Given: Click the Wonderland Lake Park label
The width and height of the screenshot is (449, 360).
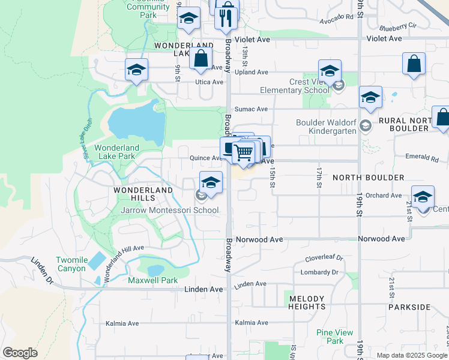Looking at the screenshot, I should pos(116,152).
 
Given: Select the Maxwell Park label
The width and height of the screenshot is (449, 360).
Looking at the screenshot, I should pos(152,280).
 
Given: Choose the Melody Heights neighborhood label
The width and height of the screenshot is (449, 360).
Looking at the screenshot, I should pos(307,302).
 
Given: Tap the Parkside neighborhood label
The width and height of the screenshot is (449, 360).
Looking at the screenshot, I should pos(409,307).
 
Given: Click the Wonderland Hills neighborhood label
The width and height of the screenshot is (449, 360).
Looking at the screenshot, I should pos(143,190).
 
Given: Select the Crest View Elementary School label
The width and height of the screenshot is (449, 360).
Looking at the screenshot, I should pos(295,86).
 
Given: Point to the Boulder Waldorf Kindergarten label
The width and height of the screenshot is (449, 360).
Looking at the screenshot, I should pos(333,127).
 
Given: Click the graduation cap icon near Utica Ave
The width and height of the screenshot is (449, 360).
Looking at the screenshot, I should pos(137,70).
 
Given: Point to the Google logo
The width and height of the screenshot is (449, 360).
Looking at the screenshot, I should pos(20,353).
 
